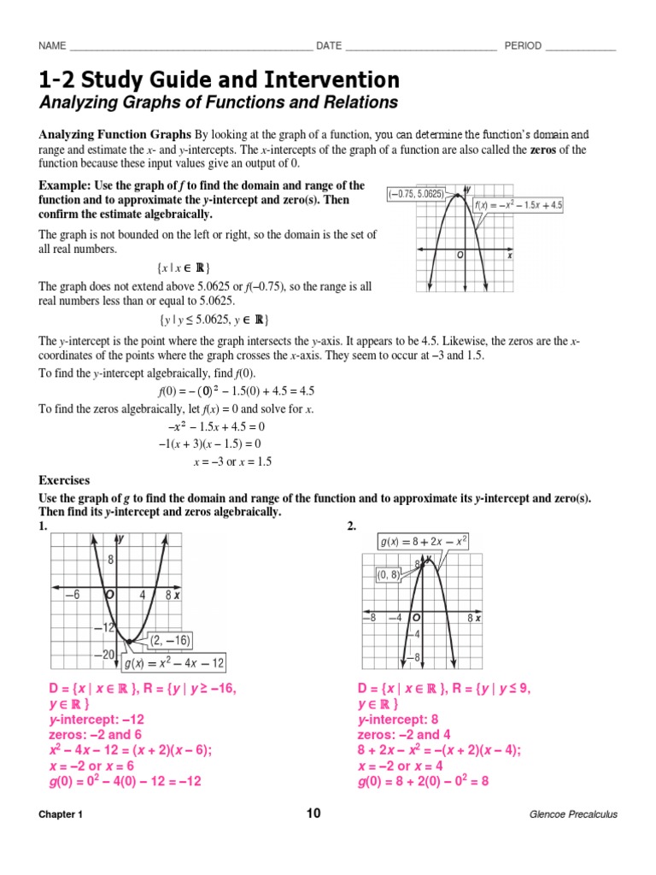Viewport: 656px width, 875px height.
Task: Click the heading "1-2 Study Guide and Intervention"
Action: [219, 80]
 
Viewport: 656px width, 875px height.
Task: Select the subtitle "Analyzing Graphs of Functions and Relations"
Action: [219, 103]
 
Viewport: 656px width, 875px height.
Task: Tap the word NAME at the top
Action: [52, 46]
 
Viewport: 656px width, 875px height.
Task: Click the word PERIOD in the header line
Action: [523, 46]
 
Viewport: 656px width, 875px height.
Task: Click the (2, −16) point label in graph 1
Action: [171, 640]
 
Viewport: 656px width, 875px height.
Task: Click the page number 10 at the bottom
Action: [313, 813]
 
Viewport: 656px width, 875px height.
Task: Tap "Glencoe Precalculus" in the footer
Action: [573, 814]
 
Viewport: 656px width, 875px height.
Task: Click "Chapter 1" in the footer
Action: [61, 814]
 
